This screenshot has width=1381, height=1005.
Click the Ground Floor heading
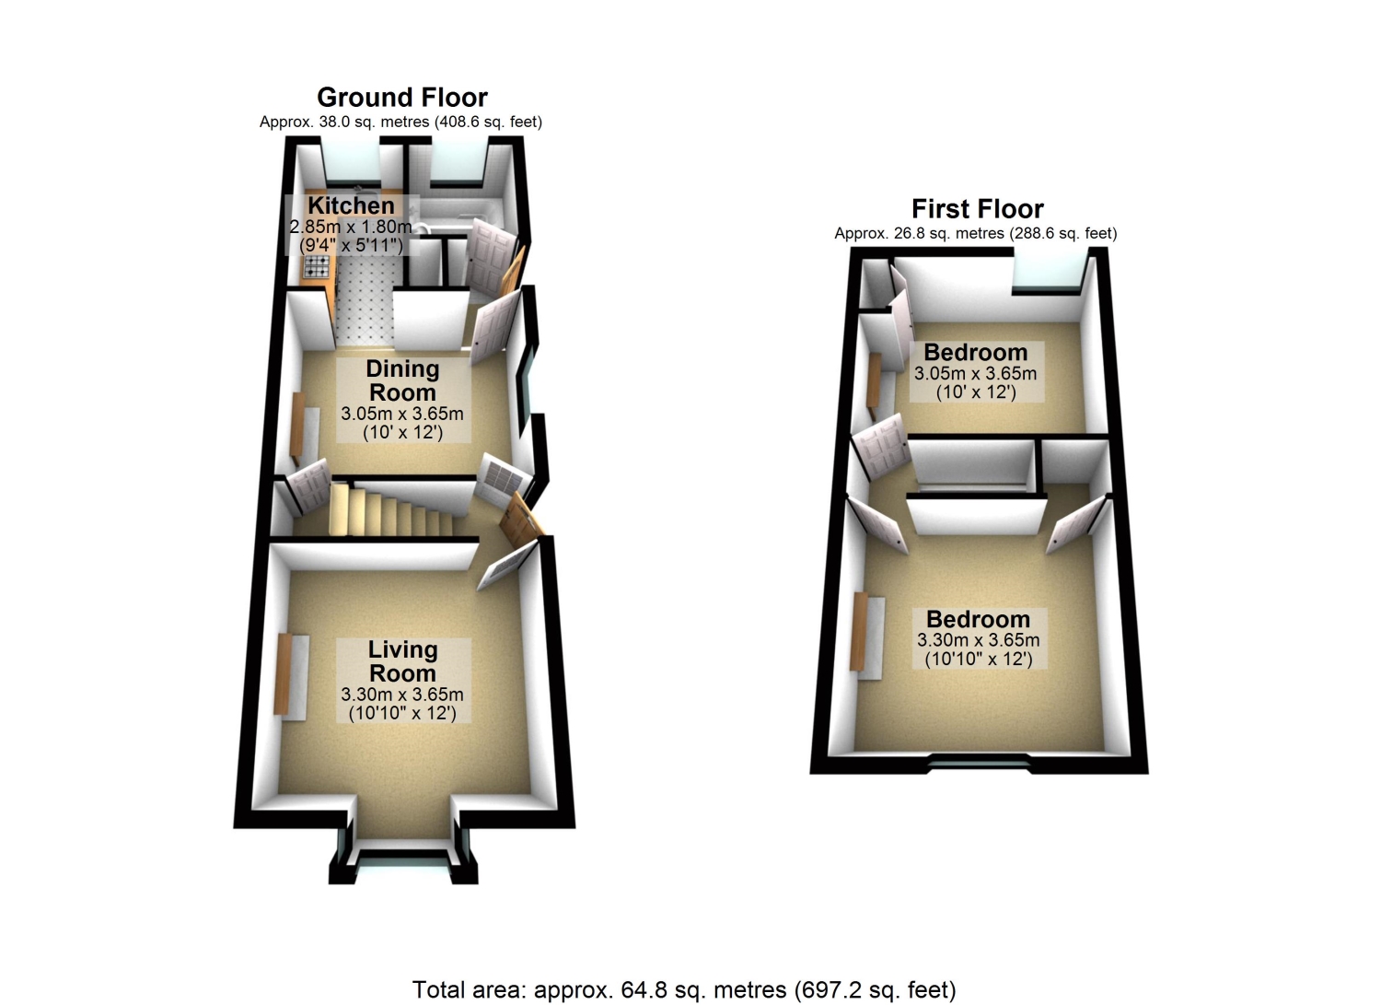coord(402,98)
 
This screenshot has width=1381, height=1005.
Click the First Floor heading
coord(977,209)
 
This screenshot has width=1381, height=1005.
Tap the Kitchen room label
coord(352,205)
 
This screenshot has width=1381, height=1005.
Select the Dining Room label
coord(402,380)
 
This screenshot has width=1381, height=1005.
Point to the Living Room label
coord(402,661)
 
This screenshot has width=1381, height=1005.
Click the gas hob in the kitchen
coord(317,266)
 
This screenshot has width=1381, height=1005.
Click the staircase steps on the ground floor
coord(391,509)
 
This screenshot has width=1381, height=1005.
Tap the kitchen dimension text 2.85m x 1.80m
coord(351,227)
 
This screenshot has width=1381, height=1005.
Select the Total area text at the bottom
coord(684,989)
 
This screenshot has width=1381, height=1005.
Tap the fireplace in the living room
coord(290,676)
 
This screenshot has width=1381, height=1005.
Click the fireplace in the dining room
coord(304,429)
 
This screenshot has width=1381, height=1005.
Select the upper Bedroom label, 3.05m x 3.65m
coord(977,371)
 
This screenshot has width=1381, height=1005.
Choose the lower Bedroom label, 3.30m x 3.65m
coord(979,638)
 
